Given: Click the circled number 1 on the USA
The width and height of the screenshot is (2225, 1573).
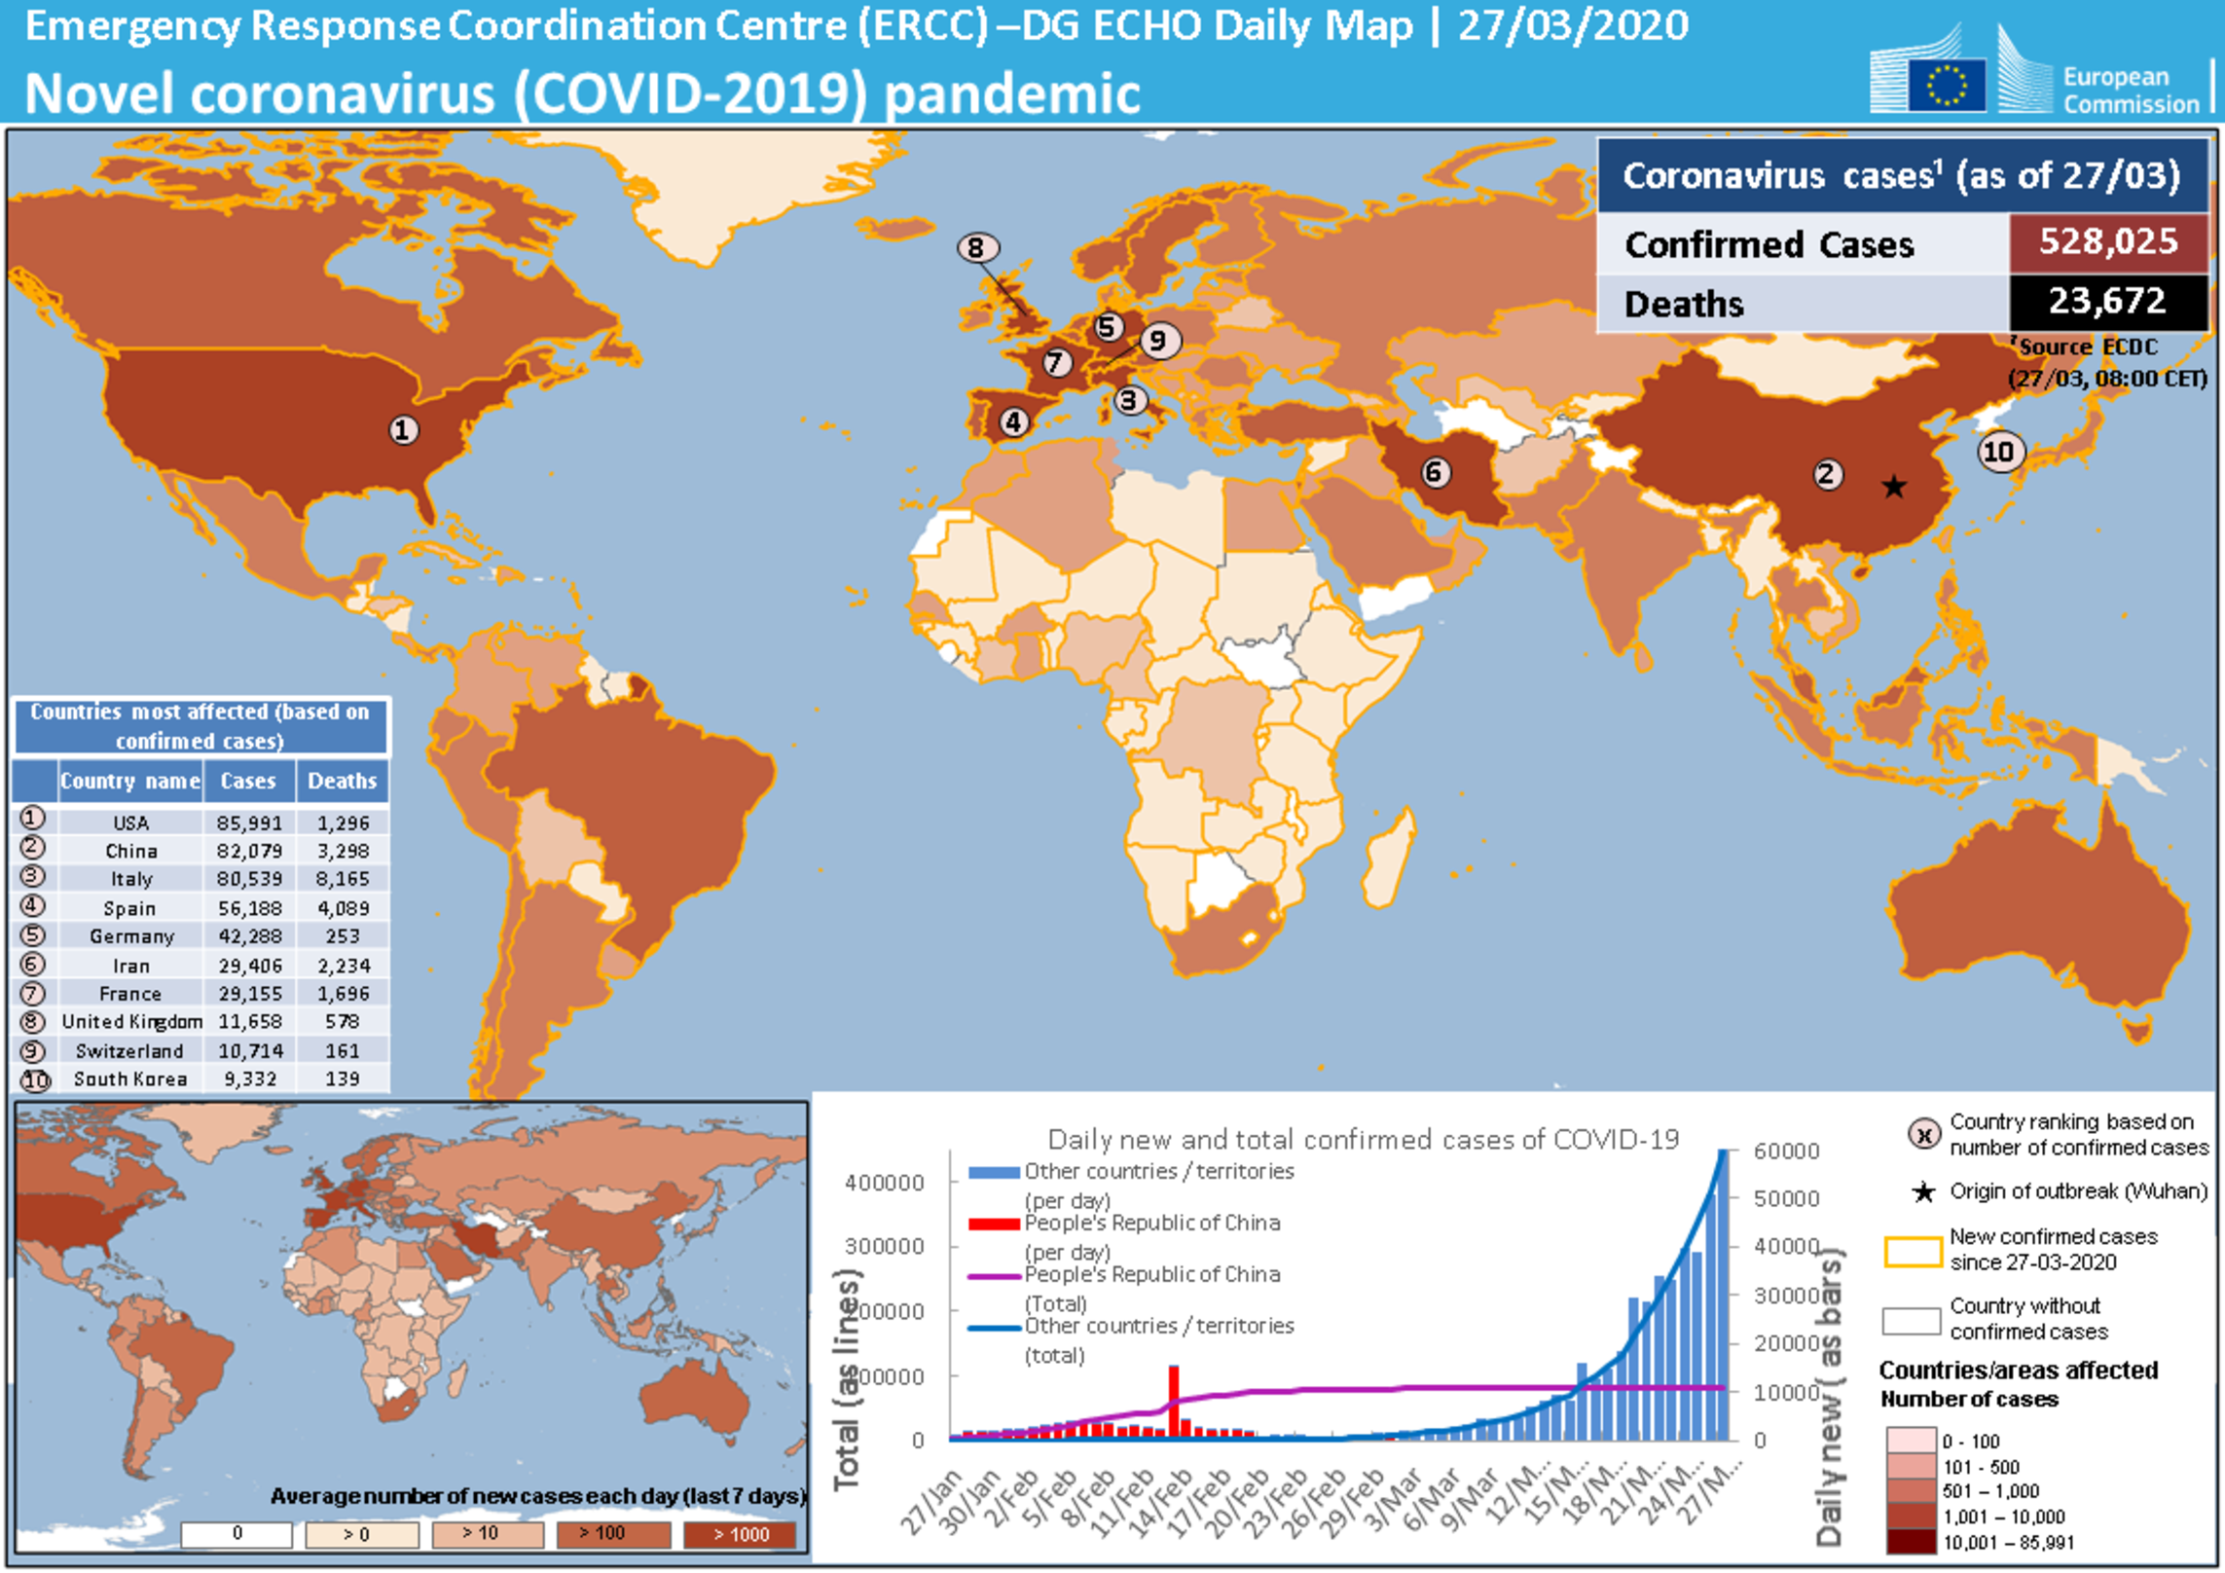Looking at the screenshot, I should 403,429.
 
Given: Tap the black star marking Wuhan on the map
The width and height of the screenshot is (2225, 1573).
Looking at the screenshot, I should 1893,486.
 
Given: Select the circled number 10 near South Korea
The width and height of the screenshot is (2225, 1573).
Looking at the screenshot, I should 1999,452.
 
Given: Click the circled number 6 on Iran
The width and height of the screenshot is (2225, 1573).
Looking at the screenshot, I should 1434,473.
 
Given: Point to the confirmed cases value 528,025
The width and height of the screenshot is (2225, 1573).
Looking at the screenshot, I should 2108,241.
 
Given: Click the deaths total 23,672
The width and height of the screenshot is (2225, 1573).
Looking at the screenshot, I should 2107,301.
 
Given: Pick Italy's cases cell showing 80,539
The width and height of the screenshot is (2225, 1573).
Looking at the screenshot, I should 250,879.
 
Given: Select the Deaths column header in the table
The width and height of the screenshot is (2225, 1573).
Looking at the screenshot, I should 342,781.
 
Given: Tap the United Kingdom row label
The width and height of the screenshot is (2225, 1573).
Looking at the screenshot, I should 132,1022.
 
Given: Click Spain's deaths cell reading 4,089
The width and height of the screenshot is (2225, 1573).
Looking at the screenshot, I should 343,908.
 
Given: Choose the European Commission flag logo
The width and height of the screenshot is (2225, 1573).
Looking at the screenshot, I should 1947,85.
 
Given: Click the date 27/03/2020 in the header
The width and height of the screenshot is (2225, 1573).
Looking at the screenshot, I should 1573,26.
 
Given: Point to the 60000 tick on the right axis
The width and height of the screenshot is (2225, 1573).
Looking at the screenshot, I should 1786,1152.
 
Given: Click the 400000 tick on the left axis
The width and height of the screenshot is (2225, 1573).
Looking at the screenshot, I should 884,1184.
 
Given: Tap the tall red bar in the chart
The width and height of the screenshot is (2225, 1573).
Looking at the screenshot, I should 1174,1401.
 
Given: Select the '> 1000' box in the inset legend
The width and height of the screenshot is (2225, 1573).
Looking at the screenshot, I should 741,1535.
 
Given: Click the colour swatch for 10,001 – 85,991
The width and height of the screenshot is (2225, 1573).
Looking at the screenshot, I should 1911,1543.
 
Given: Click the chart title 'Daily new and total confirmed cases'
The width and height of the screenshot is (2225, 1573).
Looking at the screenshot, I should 1363,1140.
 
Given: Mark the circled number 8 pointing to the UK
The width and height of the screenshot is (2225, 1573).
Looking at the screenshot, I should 976,248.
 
